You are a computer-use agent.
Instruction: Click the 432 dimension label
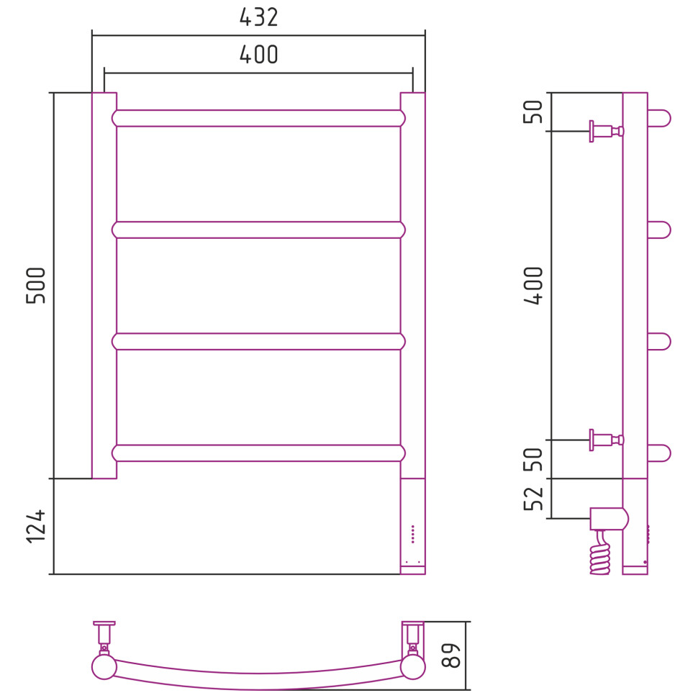point(258,17)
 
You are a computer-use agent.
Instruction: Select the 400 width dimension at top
point(258,54)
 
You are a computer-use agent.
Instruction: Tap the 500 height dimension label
point(36,286)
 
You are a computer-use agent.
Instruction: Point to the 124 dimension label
point(36,526)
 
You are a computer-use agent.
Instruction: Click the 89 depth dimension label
point(450,656)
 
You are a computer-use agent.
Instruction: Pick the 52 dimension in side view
point(533,499)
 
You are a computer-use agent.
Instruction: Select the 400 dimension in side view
point(533,286)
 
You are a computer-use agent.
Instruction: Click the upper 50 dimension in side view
point(533,112)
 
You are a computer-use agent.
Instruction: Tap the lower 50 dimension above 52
point(533,459)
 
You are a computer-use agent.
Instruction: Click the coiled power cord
point(599,553)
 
